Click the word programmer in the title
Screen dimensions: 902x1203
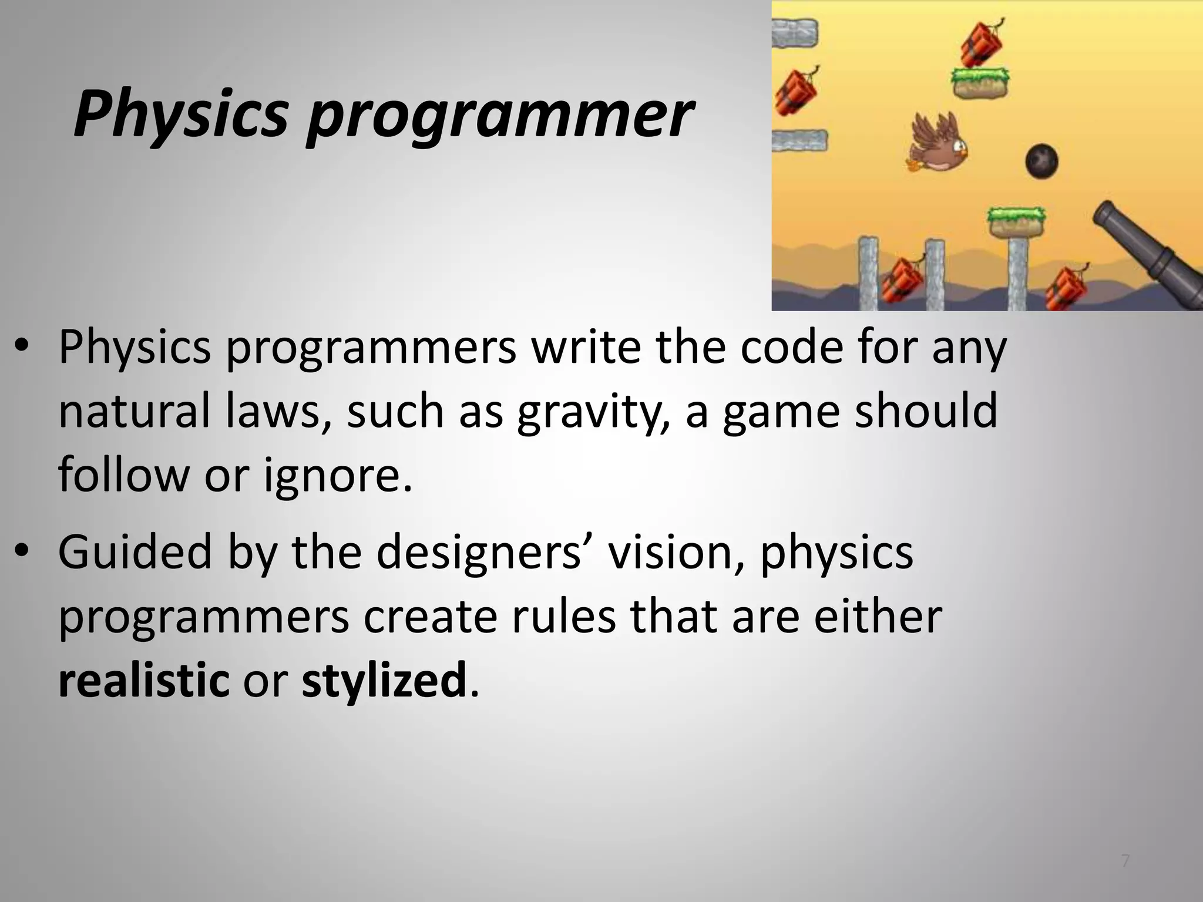[500, 115]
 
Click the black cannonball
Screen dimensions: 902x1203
[1041, 159]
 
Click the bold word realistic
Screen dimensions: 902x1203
[144, 680]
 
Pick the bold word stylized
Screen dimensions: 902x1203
[384, 680]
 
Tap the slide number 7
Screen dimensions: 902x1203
[1125, 861]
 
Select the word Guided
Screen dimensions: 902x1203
[135, 553]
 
